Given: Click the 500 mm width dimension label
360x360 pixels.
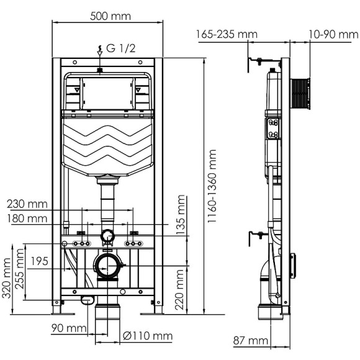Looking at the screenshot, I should (107, 16).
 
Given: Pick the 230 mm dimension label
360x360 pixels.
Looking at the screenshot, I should (27, 203).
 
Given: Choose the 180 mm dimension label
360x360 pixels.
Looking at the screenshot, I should (27, 218).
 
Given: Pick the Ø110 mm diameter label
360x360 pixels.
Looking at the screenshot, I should (147, 336).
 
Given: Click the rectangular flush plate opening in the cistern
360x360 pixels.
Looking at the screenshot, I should (107, 92).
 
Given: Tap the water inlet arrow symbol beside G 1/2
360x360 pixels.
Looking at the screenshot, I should (99, 48).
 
